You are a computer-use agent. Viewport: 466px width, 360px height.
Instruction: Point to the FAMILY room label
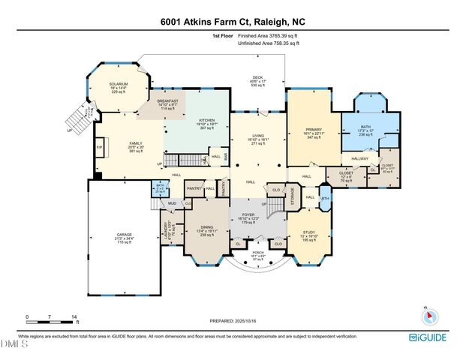tap(116, 145)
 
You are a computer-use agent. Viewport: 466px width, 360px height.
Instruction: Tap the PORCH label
tap(257, 254)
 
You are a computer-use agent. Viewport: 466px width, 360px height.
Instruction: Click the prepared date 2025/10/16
tap(233, 320)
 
